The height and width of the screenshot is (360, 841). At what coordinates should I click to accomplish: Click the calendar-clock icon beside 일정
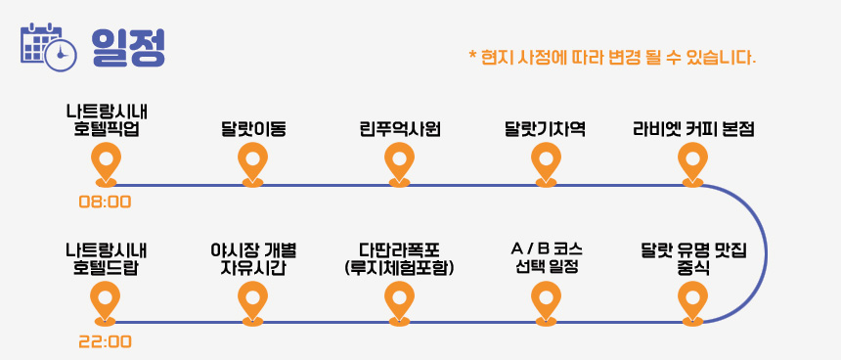[x=48, y=47]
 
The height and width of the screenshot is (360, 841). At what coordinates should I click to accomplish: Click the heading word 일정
[x=128, y=47]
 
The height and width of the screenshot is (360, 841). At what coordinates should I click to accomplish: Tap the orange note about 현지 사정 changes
[x=612, y=57]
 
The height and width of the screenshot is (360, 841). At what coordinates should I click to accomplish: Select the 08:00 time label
[x=106, y=202]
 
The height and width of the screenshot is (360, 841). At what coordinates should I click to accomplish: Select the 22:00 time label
[x=106, y=341]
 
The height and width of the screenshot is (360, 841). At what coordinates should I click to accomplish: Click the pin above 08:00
[x=106, y=164]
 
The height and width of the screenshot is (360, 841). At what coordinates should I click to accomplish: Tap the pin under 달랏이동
[x=252, y=164]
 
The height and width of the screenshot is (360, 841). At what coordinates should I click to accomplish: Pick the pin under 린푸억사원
[x=400, y=164]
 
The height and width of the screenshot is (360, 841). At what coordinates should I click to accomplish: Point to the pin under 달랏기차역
[x=546, y=164]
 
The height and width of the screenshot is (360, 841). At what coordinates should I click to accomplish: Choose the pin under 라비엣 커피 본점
[x=693, y=164]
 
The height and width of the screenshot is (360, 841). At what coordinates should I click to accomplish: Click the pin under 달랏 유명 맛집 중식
[x=693, y=303]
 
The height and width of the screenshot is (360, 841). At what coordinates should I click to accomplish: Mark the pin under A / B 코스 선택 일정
[x=546, y=303]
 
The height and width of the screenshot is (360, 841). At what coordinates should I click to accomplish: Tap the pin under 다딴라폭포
[x=400, y=303]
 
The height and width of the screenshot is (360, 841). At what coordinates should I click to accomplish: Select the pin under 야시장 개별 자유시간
[x=252, y=303]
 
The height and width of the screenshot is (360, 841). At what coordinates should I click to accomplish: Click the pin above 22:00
[x=106, y=303]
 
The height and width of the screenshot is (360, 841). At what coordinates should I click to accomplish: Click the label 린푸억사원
[x=400, y=129]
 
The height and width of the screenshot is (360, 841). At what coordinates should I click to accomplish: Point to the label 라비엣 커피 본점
[x=693, y=129]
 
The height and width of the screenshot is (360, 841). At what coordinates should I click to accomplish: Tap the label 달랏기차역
[x=545, y=129]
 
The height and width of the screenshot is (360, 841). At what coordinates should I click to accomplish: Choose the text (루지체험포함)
[x=400, y=268]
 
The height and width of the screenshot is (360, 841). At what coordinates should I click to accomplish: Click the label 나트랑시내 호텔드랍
[x=107, y=258]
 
